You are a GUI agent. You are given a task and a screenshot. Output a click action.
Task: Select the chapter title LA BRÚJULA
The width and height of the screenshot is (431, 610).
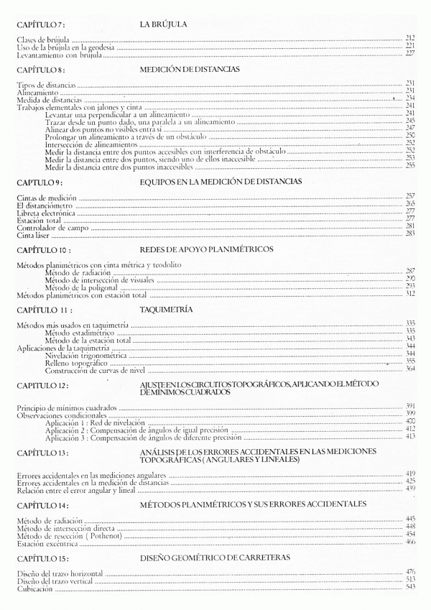tap(164, 25)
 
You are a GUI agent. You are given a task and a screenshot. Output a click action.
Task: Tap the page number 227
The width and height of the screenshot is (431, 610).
tap(410, 53)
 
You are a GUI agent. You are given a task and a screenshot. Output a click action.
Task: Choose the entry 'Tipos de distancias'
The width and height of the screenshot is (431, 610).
tap(46, 84)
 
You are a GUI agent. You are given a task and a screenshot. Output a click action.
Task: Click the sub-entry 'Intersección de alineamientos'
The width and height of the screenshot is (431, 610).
tap(89, 143)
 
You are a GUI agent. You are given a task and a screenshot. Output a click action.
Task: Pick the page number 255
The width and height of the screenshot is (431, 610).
tap(410, 166)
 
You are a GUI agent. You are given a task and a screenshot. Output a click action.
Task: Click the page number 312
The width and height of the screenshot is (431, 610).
tap(410, 294)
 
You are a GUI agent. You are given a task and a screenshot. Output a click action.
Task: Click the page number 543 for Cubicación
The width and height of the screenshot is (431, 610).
tap(410, 587)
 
